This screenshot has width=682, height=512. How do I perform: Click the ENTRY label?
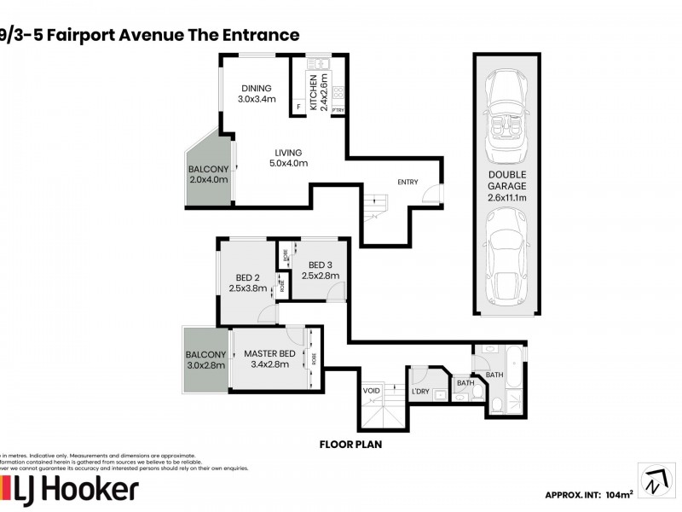coord(407,182)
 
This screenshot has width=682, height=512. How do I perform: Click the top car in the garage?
coord(507,119)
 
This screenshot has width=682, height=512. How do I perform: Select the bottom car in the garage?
coord(507,256)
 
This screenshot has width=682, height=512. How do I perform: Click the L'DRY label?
coord(420,391)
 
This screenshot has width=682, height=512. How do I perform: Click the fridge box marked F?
coord(298,107)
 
